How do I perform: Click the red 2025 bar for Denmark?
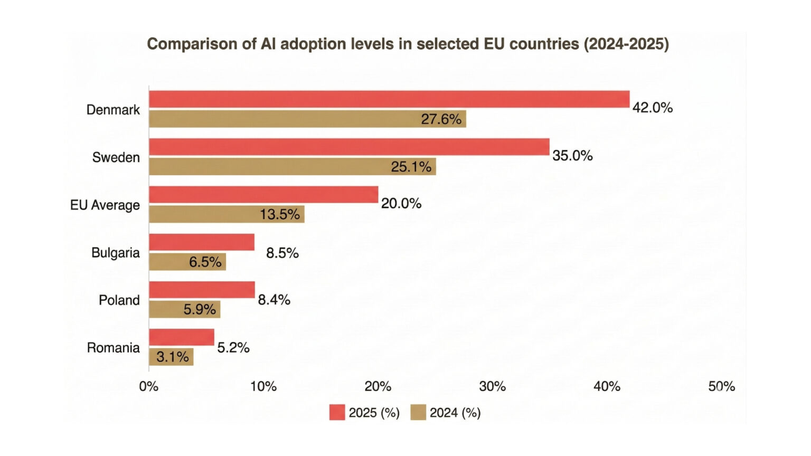point(389,99)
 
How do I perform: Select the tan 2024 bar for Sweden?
point(292,167)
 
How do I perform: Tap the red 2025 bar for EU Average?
point(263,194)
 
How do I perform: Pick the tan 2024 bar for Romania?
point(171,357)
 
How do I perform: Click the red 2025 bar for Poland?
point(202,290)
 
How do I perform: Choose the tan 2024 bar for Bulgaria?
point(187,262)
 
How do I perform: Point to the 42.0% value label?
point(653,108)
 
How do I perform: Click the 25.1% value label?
point(411,167)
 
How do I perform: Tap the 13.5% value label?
point(279,214)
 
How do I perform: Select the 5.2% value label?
point(233,347)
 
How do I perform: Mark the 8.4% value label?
point(274,300)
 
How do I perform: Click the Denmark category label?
point(113,110)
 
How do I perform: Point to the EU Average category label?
point(105,205)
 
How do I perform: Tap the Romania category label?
point(113,348)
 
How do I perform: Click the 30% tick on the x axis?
point(492,387)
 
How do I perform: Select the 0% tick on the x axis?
point(148,387)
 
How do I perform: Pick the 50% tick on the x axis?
point(721,387)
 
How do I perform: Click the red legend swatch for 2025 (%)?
point(337,412)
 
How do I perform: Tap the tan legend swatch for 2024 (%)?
point(418,412)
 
